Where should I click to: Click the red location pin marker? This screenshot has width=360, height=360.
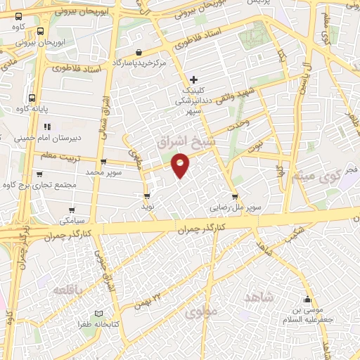click(x=181, y=165)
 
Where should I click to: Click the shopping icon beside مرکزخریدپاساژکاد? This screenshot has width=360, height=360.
click(x=139, y=52)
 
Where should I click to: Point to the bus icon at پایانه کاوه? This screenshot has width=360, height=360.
click(x=32, y=98)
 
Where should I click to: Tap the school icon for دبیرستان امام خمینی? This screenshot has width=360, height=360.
click(x=47, y=127)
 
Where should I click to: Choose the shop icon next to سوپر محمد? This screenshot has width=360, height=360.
click(x=39, y=172)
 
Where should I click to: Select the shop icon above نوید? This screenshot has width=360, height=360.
click(x=147, y=196)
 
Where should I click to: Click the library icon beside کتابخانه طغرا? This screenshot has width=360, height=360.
click(x=98, y=314)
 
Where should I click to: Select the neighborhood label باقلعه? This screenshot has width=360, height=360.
click(x=70, y=290)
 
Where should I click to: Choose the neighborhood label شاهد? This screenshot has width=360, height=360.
click(x=257, y=298)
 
